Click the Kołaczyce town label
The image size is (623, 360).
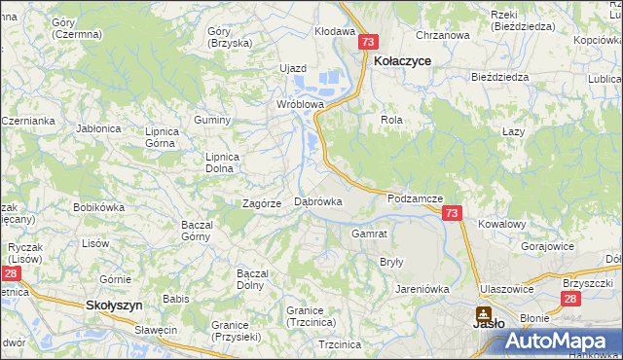coord(403,60)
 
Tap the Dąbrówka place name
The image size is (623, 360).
coord(317,202)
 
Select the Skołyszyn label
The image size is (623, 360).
coord(114,305)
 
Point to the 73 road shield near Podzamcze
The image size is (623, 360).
coord(451,213)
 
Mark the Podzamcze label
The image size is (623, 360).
coord(415,198)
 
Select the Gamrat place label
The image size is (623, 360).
coord(370,234)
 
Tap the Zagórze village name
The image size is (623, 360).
coord(262,203)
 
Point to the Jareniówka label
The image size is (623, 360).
coord(421,289)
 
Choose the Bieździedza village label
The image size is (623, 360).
coord(498,76)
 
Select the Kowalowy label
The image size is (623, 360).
coord(501,224)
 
